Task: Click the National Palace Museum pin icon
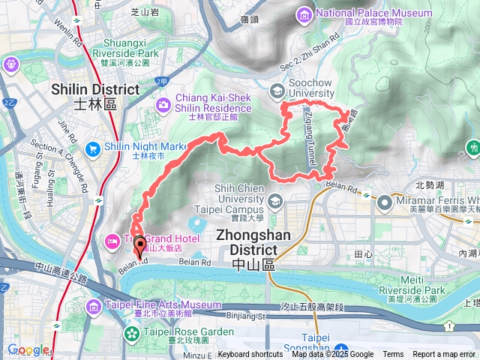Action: click(304, 14)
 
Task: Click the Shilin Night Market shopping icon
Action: click(93, 147)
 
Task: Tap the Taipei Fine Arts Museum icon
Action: click(94, 306)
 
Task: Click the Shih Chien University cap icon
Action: click(275, 200)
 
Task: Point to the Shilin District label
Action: click(95, 96)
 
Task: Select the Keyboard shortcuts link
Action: click(250, 355)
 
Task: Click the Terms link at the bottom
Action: click(393, 355)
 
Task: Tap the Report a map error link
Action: click(445, 355)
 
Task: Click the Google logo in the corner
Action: click(28, 349)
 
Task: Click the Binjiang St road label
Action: click(245, 316)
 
